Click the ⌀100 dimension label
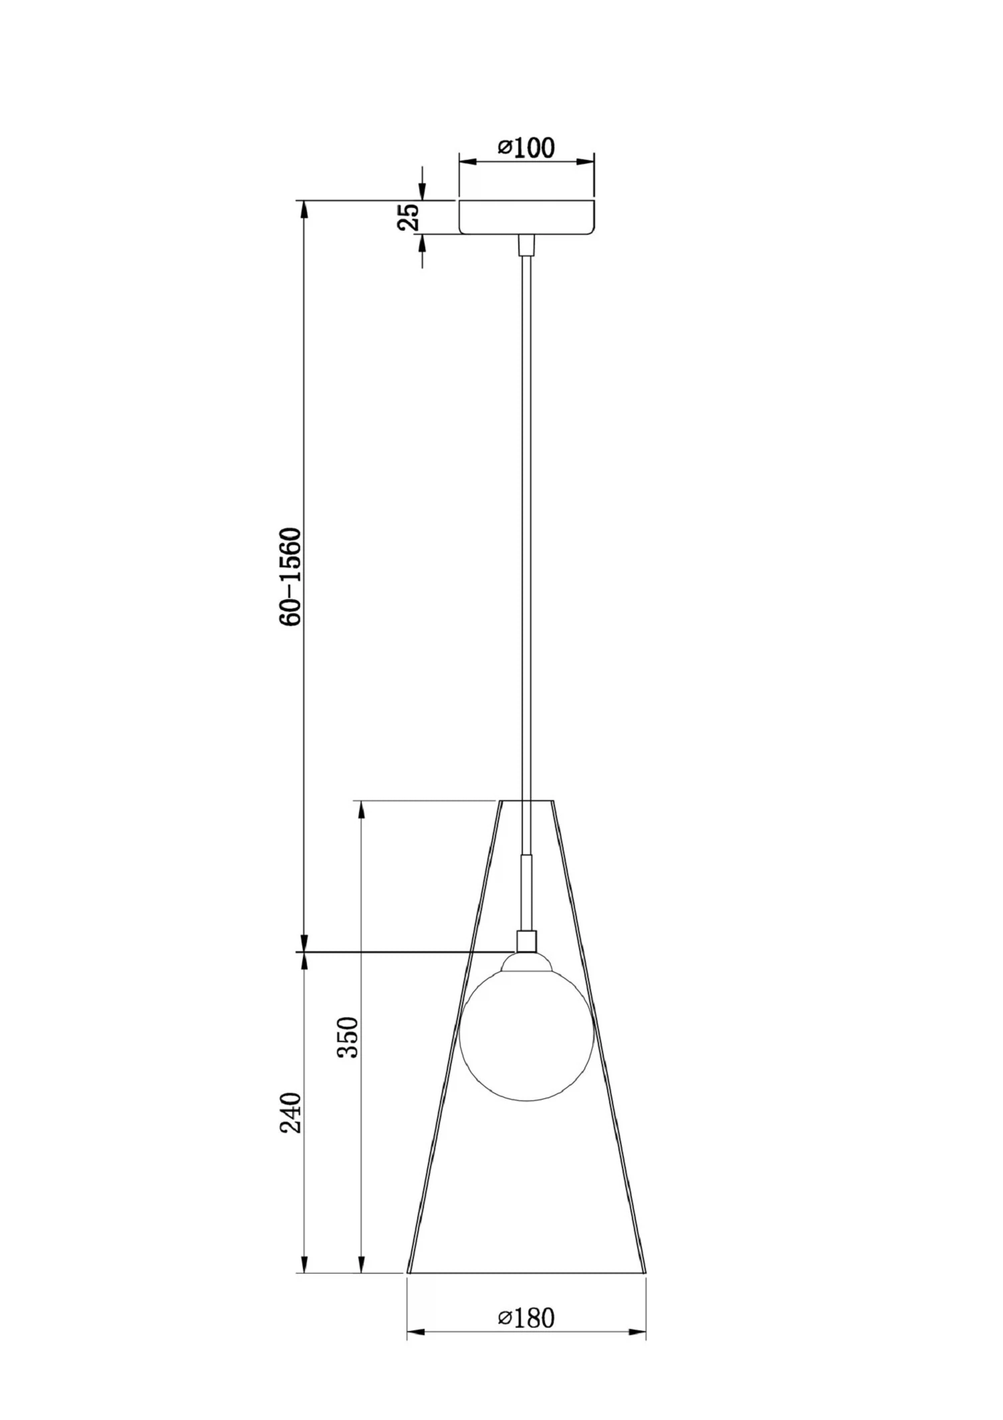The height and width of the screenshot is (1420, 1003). pyautogui.click(x=526, y=148)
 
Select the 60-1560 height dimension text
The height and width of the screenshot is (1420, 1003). pyautogui.click(x=292, y=577)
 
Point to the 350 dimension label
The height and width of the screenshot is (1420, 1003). pyautogui.click(x=348, y=1037)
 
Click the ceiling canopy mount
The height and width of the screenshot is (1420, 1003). pyautogui.click(x=526, y=217)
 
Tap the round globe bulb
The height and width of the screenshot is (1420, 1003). pyautogui.click(x=526, y=1034)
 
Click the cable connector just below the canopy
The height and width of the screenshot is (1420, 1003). pyautogui.click(x=527, y=245)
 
